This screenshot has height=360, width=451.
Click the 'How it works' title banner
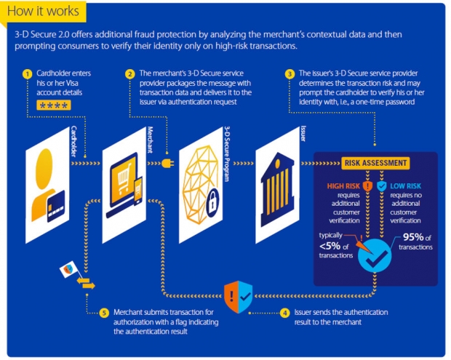(43, 12)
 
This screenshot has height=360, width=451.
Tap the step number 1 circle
(28, 74)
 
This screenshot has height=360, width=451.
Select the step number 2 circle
(130, 74)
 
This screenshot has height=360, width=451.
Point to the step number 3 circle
(290, 74)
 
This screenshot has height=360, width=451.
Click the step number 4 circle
(284, 313)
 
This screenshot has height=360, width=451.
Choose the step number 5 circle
(104, 313)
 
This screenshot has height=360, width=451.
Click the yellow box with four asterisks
(54, 105)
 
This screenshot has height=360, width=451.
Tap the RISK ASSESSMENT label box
(375, 163)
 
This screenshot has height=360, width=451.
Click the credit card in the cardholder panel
(56, 206)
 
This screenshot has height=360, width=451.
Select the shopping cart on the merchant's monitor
(124, 178)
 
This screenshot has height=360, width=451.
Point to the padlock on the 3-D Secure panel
(212, 202)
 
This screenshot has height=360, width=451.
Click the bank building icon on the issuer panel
(277, 190)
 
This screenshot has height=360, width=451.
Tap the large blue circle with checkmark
(375, 255)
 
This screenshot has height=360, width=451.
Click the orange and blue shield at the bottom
(238, 297)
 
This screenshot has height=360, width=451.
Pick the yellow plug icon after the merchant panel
(168, 164)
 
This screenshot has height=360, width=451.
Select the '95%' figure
(413, 237)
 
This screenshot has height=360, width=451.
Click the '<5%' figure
(330, 246)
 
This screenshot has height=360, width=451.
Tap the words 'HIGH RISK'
(343, 186)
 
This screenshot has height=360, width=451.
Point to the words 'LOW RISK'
(406, 186)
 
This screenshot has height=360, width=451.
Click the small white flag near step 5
(68, 269)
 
